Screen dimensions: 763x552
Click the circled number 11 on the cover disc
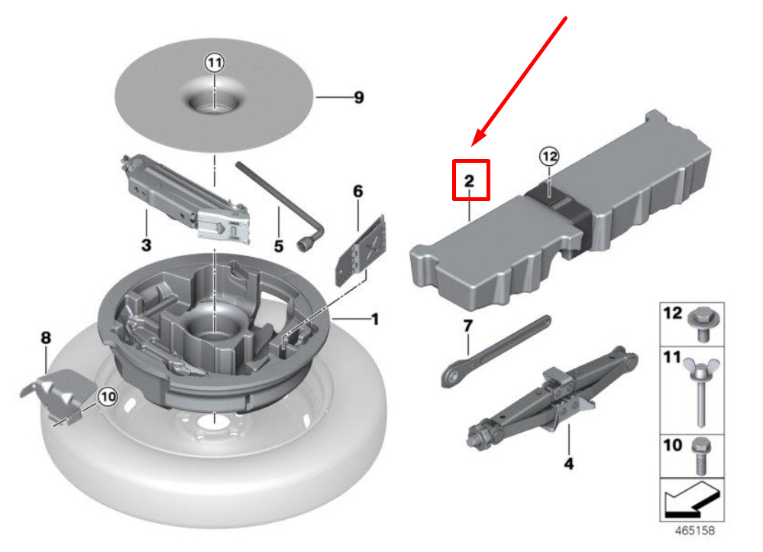214,63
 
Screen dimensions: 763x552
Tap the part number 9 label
359,97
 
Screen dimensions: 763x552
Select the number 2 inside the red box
469,181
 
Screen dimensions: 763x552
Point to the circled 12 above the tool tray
549,157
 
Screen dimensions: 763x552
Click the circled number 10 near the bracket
108,397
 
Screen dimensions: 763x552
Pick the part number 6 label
357,191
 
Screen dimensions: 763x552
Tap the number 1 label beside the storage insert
375,320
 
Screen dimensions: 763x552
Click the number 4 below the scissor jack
568,463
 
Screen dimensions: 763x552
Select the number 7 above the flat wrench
467,325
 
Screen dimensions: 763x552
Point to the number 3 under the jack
146,245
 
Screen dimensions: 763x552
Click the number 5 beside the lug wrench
278,246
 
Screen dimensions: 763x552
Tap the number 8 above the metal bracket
45,337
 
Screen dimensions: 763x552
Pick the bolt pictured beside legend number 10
701,456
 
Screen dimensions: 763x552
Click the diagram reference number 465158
695,531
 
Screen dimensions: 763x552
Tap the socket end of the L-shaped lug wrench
305,245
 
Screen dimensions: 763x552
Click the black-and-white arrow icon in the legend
691,499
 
